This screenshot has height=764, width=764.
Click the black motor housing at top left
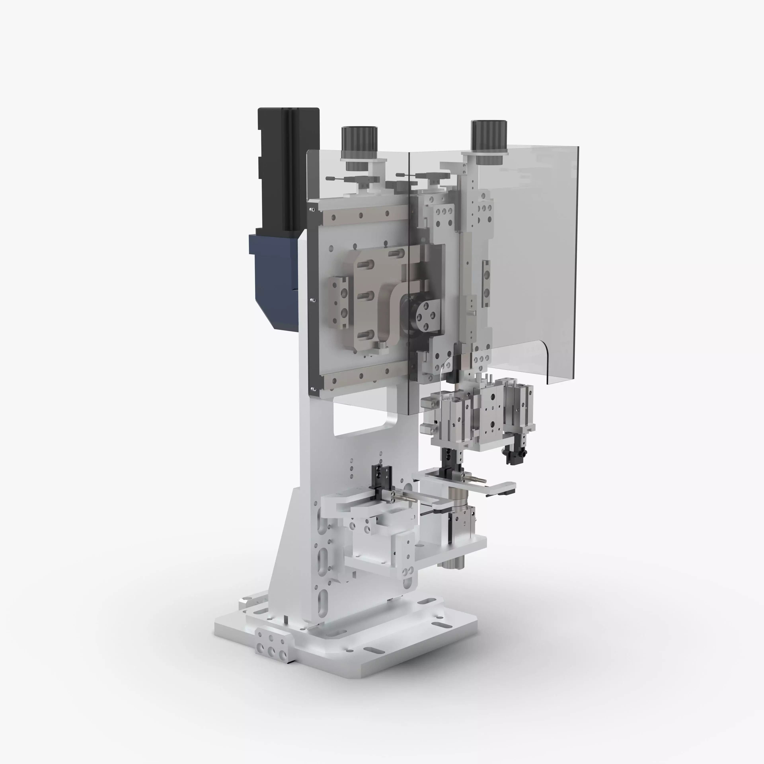[x=288, y=166]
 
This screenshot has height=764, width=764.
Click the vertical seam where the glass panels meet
[x=408, y=277]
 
